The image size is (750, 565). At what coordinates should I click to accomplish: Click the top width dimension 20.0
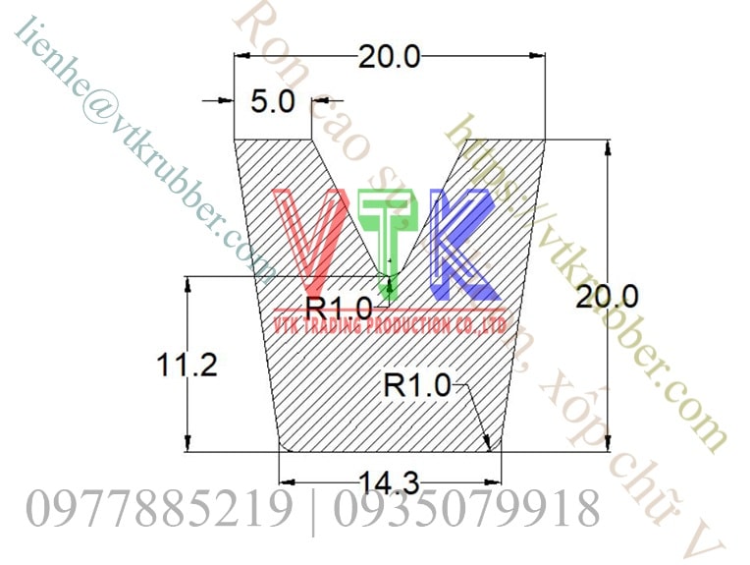[x=389, y=57]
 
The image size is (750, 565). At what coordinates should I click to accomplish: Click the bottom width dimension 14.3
[x=390, y=482]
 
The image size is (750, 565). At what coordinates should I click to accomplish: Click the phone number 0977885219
[x=159, y=510]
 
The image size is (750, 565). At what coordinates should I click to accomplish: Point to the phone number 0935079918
[x=465, y=510]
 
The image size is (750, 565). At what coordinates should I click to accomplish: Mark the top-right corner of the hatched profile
[x=546, y=140]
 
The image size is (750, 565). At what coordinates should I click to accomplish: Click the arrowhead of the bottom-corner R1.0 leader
[x=487, y=446]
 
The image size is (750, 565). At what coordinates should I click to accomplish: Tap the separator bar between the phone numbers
[x=314, y=510]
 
